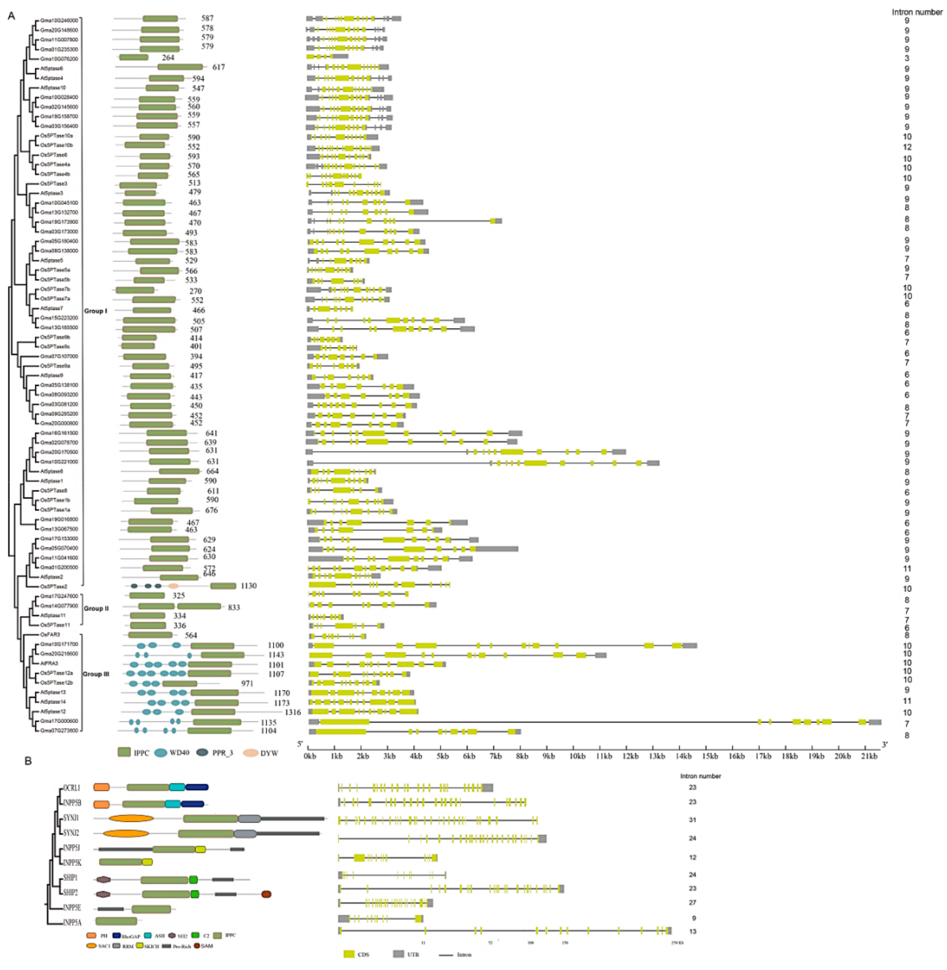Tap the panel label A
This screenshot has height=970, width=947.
(x=11, y=16)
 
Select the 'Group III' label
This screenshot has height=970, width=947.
(x=96, y=674)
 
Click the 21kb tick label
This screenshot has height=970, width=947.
(x=869, y=756)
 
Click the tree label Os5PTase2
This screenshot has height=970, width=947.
(x=54, y=586)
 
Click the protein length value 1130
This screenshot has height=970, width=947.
(x=249, y=586)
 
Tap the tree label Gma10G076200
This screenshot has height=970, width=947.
(x=59, y=59)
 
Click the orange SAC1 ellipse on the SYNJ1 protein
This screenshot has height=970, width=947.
(x=131, y=818)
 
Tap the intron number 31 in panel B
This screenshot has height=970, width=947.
(x=692, y=820)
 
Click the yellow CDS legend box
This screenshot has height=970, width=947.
(x=349, y=954)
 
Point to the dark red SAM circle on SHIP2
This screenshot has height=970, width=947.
(x=266, y=894)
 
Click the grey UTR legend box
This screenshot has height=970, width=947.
(x=398, y=954)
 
